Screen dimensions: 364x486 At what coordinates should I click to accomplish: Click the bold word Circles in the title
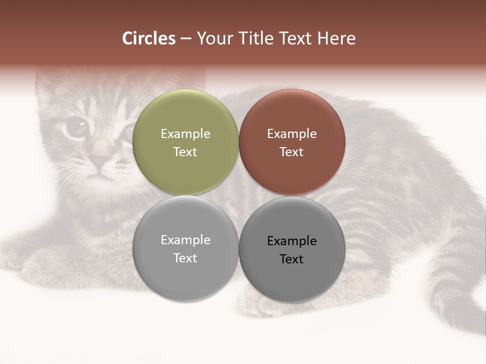click(149, 38)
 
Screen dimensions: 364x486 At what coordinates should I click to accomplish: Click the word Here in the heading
click(336, 38)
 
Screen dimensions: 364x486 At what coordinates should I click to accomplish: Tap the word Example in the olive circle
click(185, 134)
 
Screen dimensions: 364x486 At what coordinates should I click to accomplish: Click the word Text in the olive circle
click(185, 152)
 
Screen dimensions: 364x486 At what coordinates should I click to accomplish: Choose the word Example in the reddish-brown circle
click(292, 134)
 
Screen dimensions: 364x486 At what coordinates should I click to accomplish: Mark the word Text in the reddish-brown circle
click(292, 152)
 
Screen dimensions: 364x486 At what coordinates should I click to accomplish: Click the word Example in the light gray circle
click(185, 240)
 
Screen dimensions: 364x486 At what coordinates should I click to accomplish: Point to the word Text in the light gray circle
click(185, 258)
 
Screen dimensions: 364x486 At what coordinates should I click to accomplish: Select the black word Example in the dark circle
click(292, 241)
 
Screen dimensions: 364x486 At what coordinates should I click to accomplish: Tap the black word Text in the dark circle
click(292, 259)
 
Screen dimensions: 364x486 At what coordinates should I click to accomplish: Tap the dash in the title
click(186, 39)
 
